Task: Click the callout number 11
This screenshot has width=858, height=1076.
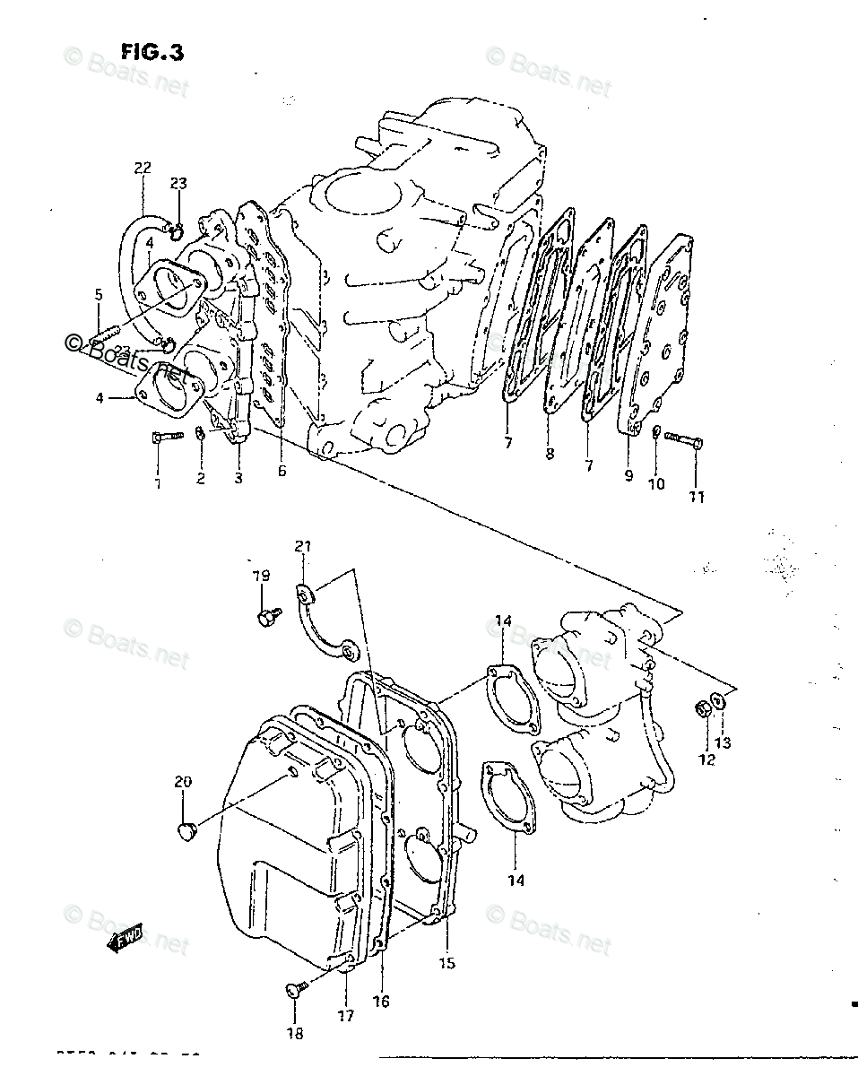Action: (x=697, y=496)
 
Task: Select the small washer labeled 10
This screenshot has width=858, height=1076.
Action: (x=657, y=434)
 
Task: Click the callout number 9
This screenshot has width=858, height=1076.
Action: (x=628, y=475)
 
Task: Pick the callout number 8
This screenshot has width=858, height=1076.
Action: (x=550, y=455)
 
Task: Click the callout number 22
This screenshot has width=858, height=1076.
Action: (x=143, y=168)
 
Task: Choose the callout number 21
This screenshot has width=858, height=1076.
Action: (x=302, y=546)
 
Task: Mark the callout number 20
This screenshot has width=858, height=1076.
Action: (x=183, y=782)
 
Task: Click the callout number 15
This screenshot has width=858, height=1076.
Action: (x=446, y=963)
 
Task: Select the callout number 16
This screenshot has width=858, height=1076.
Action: (x=381, y=1002)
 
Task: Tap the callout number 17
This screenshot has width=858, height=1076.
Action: (x=346, y=1016)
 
